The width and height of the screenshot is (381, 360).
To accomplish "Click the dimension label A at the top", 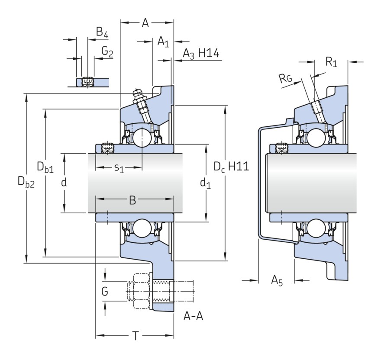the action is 145,23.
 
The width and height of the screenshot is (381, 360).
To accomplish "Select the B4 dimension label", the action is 102,32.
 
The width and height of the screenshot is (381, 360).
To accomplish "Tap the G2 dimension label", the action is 107,51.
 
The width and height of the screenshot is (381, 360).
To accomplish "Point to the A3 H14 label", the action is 201,54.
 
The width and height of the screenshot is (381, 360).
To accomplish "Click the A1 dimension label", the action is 163,41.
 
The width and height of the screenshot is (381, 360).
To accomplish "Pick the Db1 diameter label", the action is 45,167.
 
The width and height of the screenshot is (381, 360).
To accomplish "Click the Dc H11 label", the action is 231,167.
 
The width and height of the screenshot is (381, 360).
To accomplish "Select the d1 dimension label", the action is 205,183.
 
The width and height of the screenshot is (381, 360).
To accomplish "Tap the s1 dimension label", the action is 119,168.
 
